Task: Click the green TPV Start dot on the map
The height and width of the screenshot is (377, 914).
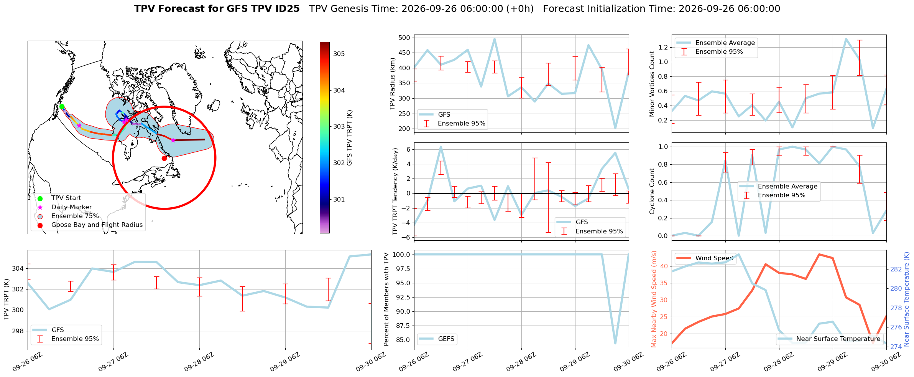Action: [62, 107]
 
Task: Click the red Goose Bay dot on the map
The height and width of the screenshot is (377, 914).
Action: [164, 158]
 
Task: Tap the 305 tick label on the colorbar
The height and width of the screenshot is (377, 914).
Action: [339, 54]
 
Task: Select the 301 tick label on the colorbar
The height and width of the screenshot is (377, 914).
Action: [339, 199]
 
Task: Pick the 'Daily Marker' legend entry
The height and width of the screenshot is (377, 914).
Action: [65, 207]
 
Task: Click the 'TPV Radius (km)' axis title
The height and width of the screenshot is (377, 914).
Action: [392, 84]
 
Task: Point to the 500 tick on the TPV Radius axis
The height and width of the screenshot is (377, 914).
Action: [404, 38]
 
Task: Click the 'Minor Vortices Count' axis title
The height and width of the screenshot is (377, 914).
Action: [652, 84]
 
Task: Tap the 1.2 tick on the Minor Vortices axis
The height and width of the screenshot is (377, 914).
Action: [663, 47]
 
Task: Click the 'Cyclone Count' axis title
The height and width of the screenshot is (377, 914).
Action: [652, 191]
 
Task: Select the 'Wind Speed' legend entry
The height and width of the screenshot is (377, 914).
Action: [705, 258]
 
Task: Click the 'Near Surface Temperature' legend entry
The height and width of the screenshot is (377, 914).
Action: [830, 339]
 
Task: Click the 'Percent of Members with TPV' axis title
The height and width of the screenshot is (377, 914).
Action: [386, 299]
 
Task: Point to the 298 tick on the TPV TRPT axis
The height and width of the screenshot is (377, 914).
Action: [18, 331]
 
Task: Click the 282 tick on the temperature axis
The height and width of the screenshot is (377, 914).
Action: [896, 269]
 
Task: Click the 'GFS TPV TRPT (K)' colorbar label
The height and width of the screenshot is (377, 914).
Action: [349, 137]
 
